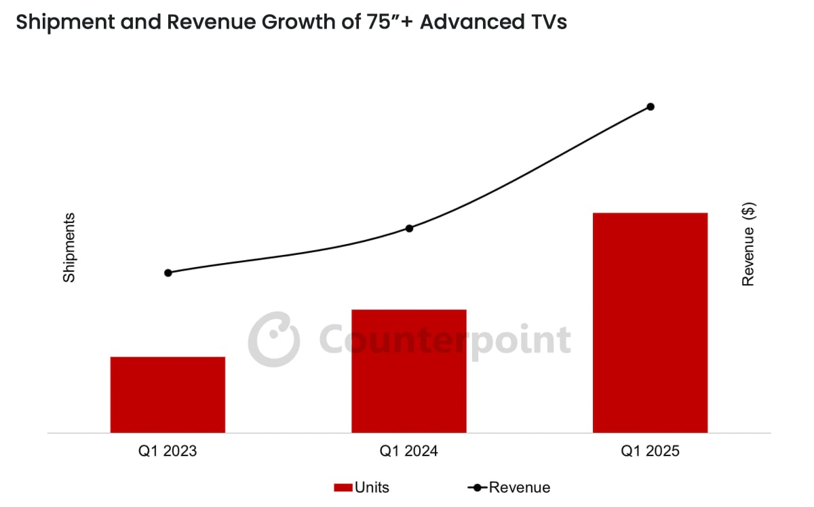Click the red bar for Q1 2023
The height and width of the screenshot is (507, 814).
[168, 394]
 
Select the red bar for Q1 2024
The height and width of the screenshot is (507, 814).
[408, 371]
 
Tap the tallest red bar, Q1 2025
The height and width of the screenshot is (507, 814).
[650, 323]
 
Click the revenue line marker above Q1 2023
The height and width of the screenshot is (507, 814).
[168, 272]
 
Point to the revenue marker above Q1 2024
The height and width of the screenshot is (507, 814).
[409, 228]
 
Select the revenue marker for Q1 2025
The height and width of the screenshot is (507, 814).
[650, 106]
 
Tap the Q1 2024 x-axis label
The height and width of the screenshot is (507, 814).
[408, 451]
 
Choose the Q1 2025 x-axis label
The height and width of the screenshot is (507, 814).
[650, 451]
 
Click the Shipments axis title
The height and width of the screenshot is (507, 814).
[69, 247]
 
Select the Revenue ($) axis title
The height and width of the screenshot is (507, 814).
[748, 245]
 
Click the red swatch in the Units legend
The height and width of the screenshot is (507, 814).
[343, 487]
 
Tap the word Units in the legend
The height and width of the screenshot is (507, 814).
[372, 487]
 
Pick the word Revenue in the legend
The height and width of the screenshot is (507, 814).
[520, 487]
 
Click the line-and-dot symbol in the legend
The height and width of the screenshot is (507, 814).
[477, 487]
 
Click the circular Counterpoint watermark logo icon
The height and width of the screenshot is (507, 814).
[273, 339]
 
